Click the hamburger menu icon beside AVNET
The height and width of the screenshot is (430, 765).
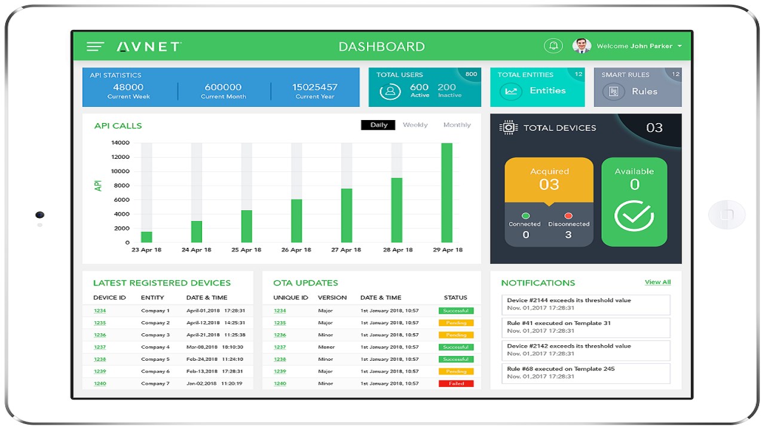pyautogui.click(x=95, y=47)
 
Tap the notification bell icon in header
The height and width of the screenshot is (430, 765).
pyautogui.click(x=553, y=46)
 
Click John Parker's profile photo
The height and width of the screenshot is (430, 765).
pyautogui.click(x=582, y=46)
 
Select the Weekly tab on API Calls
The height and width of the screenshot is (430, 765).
pyautogui.click(x=415, y=125)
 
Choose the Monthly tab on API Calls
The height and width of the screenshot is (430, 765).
pyautogui.click(x=457, y=125)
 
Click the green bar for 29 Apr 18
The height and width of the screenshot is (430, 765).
pyautogui.click(x=446, y=192)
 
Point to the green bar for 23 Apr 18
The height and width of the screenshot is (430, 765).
pyautogui.click(x=146, y=237)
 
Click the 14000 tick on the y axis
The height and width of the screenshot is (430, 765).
pyautogui.click(x=120, y=143)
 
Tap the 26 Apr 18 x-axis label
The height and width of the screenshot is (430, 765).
pyautogui.click(x=296, y=250)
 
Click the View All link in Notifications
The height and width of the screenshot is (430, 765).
pyautogui.click(x=657, y=282)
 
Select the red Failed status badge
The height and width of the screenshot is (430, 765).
pyautogui.click(x=456, y=383)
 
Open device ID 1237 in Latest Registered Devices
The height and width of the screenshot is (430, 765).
pyautogui.click(x=100, y=347)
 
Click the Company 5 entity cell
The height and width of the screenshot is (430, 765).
pyautogui.click(x=155, y=359)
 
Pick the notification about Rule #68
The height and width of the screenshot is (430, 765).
pyautogui.click(x=586, y=373)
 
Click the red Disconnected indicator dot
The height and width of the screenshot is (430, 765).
pyautogui.click(x=568, y=216)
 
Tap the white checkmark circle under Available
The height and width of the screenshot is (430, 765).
pyautogui.click(x=634, y=216)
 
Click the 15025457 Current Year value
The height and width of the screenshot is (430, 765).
pyautogui.click(x=315, y=87)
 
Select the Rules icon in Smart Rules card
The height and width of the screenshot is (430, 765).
pyautogui.click(x=613, y=91)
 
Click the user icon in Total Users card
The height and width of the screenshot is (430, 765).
pyautogui.click(x=390, y=91)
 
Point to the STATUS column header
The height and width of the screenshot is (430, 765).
pyautogui.click(x=455, y=297)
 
